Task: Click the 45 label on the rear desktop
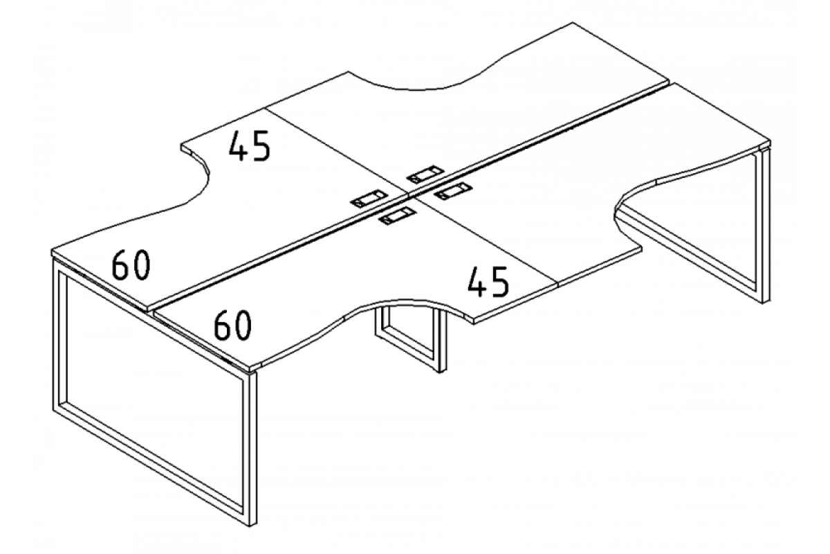(x=249, y=147)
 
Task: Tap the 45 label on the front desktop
(x=488, y=280)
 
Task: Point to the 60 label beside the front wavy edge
(x=232, y=325)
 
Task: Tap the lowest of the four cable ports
(x=396, y=218)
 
